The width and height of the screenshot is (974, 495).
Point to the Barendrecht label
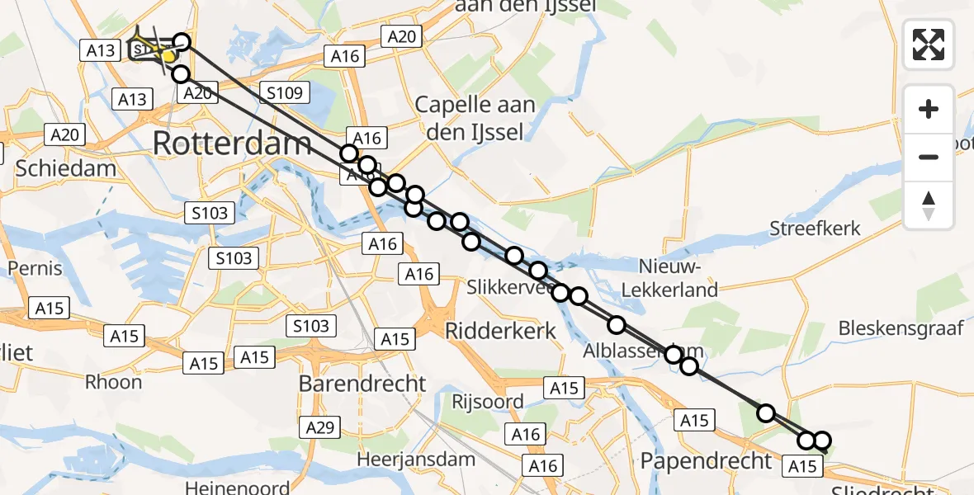pyautogui.click(x=362, y=383)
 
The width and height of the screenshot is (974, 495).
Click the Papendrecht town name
pyautogui.click(x=706, y=460)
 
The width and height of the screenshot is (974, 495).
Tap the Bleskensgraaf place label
pyautogui.click(x=901, y=328)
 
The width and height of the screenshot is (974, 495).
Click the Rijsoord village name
pyautogui.click(x=488, y=402)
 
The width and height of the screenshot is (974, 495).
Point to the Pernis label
pyautogui.click(x=35, y=268)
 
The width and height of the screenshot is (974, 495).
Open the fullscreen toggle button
pyautogui.click(x=929, y=45)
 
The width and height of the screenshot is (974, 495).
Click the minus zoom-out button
pyautogui.click(x=929, y=157)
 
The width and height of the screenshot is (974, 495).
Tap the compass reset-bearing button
pyautogui.click(x=929, y=205)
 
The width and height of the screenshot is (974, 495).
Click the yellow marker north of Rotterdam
pyautogui.click(x=168, y=56)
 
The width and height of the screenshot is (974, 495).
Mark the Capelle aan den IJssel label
pyautogui.click(x=475, y=117)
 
